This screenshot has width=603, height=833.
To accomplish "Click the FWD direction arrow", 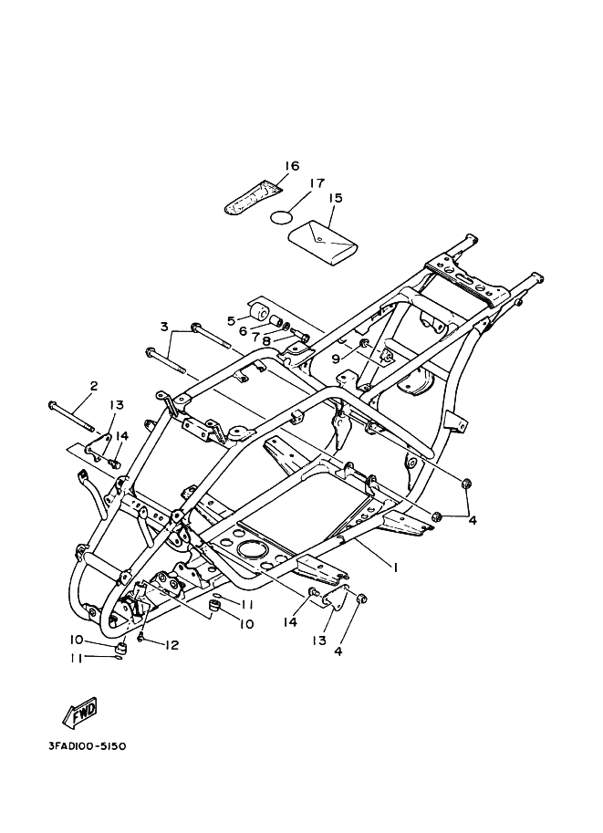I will pyautogui.click(x=80, y=712).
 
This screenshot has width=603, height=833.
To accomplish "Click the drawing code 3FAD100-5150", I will pyautogui.click(x=88, y=745).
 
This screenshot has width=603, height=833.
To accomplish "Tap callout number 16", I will pyautogui.click(x=265, y=166).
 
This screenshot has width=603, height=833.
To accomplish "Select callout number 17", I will pyautogui.click(x=316, y=183).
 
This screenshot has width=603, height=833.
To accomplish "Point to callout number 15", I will pyautogui.click(x=335, y=198).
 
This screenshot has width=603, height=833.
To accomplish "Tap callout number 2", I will pyautogui.click(x=93, y=386).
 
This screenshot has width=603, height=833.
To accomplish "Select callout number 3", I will pyautogui.click(x=164, y=326).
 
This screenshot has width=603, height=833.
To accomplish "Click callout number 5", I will pyautogui.click(x=232, y=320).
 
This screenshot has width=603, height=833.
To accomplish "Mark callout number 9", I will pyautogui.click(x=336, y=359).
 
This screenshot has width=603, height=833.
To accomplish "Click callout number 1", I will pyautogui.click(x=395, y=567).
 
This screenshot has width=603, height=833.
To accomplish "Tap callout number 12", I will pyautogui.click(x=172, y=645).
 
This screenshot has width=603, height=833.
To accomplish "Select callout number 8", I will pyautogui.click(x=265, y=341).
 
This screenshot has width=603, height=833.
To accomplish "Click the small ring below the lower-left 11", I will pyautogui.click(x=120, y=660).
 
